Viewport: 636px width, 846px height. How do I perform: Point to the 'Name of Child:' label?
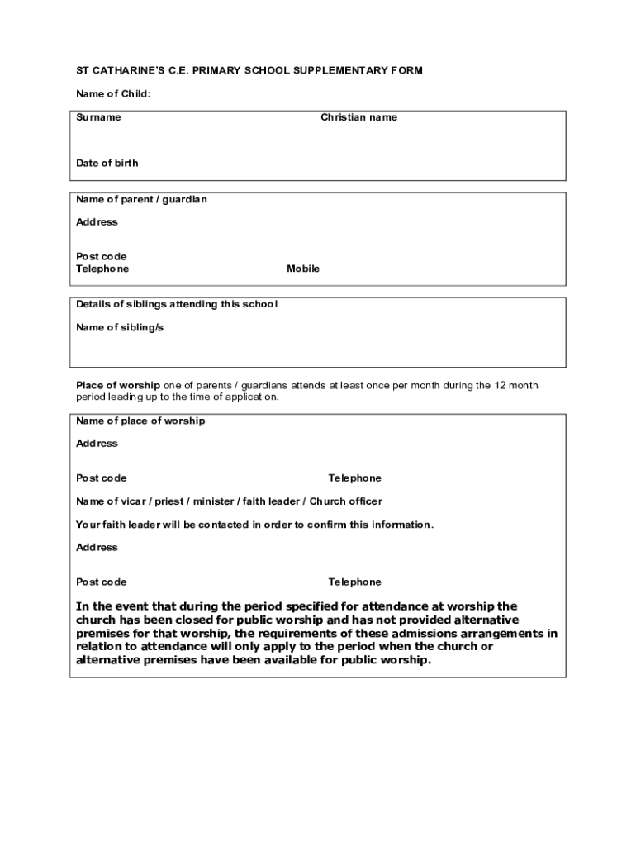113,94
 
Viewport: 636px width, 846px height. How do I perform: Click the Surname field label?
98,117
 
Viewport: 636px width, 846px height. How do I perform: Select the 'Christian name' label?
358,117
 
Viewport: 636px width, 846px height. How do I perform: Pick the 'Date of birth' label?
107,163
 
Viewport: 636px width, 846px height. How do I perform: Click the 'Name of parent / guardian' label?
141,200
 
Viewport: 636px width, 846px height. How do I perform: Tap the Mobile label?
303,269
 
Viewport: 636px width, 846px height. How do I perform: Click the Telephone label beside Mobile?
102,269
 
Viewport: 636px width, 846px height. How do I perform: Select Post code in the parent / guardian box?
102,256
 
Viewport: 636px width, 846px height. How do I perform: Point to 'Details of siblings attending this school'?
177,304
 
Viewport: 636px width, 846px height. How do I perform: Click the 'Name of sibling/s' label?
120,327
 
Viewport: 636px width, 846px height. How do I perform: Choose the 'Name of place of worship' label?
140,421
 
